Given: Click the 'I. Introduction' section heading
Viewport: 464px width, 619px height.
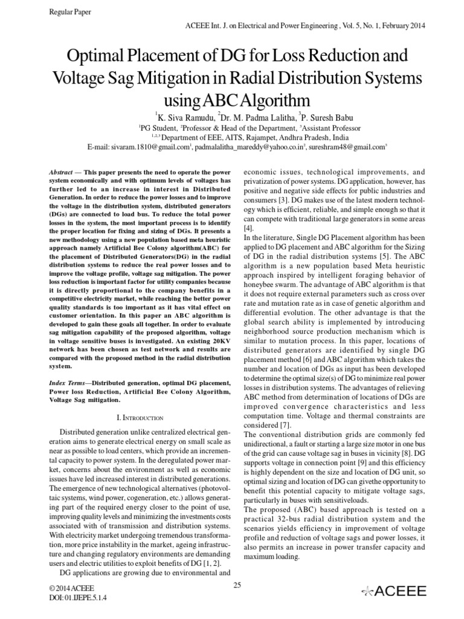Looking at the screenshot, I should pos(140,417).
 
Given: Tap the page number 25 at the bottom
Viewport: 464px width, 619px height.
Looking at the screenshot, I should pos(237,584).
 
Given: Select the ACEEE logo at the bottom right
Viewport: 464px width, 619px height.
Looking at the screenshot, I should pos(393,591).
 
